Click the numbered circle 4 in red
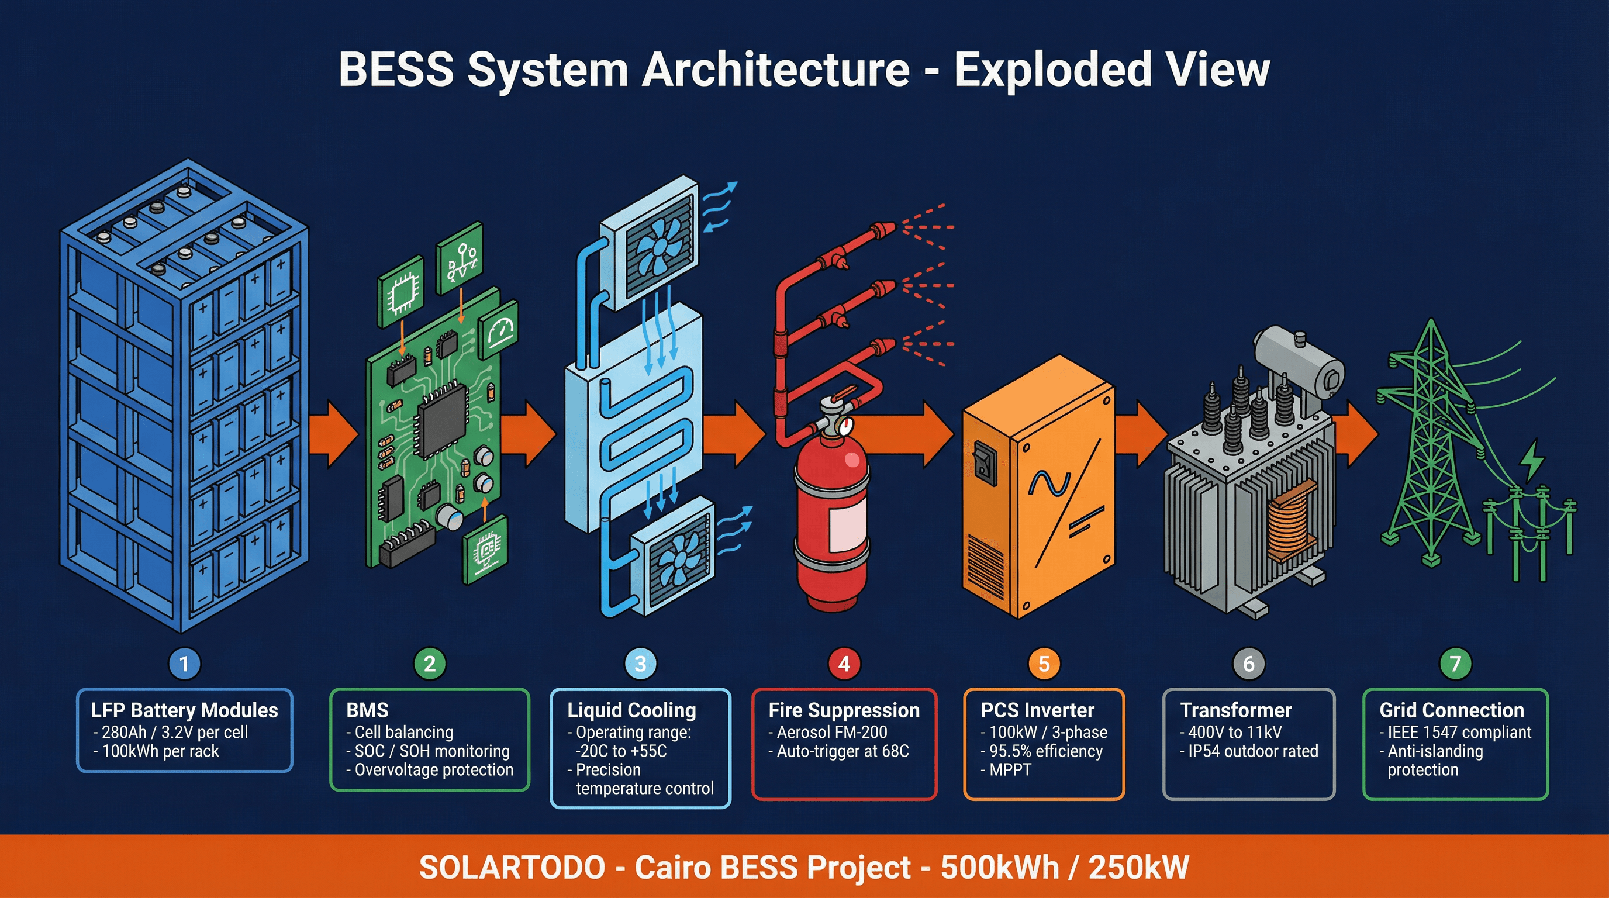(x=844, y=663)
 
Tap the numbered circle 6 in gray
(x=1248, y=663)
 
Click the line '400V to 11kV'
(x=1234, y=732)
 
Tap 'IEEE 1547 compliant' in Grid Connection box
(x=1459, y=732)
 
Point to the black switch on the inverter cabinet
(x=985, y=462)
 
